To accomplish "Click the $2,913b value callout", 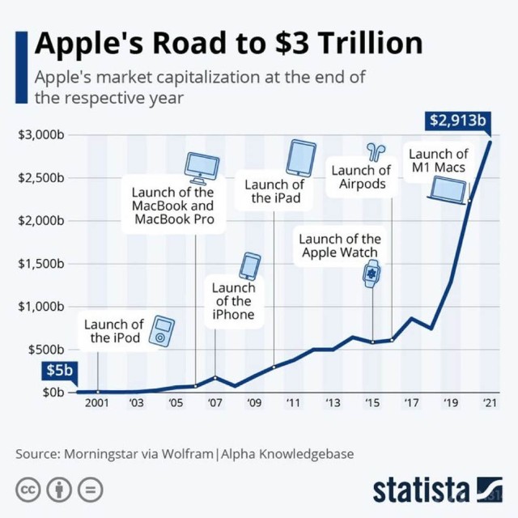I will [457, 121].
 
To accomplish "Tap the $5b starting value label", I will [58, 372].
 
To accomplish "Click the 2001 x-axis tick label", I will [96, 402].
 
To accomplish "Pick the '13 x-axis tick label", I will [333, 402].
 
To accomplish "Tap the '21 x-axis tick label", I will [489, 402].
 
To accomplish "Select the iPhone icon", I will [250, 266].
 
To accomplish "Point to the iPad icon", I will [301, 157].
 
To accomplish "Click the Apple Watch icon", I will [372, 274].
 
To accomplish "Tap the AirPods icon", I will [376, 151].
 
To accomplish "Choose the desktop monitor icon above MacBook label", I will [201, 168].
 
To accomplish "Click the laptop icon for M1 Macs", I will [448, 191].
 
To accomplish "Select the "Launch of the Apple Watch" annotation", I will [340, 245].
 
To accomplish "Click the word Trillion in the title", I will [360, 43].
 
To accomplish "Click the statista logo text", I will [421, 490].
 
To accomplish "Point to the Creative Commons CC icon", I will [29, 490].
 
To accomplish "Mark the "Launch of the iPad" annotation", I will [276, 192].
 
